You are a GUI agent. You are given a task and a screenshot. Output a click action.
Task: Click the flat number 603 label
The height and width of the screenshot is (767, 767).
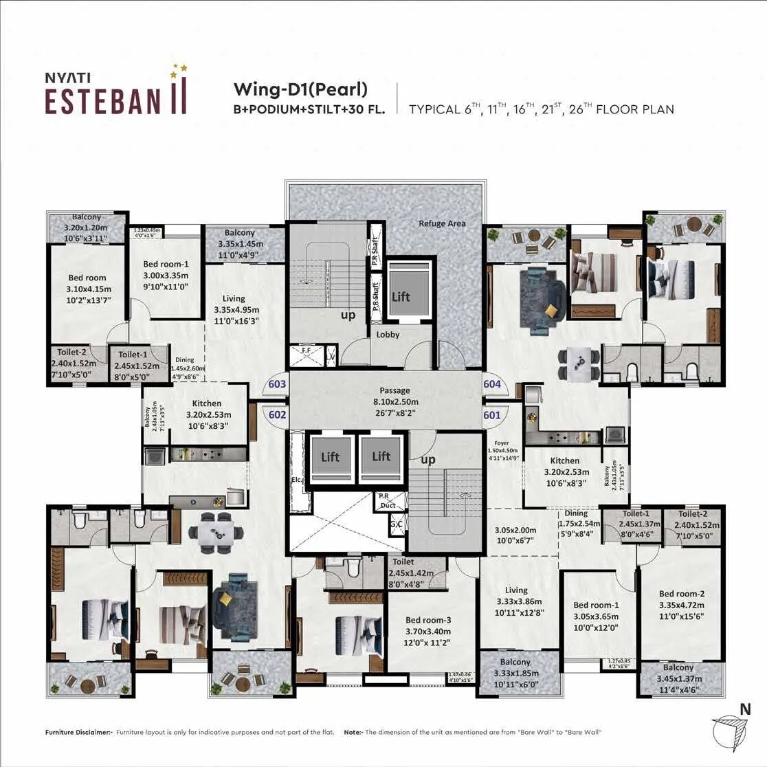[x=278, y=385]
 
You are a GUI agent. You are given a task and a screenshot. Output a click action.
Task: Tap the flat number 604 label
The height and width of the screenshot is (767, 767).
[x=492, y=385]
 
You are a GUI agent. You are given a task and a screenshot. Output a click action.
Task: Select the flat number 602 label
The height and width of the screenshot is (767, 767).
[x=278, y=415]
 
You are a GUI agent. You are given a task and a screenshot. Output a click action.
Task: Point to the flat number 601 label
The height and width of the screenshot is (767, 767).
[x=492, y=415]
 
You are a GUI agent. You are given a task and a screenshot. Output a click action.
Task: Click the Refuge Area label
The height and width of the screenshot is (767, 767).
[x=442, y=223]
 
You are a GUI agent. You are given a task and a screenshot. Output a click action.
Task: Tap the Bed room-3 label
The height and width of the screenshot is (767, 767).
[x=427, y=620]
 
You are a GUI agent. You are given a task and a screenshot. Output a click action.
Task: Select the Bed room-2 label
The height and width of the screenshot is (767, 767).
[x=681, y=594]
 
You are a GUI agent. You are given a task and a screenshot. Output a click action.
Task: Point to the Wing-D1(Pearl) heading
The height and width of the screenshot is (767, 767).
[x=300, y=89]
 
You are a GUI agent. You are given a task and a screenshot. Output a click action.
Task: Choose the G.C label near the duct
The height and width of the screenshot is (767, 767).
[x=396, y=525]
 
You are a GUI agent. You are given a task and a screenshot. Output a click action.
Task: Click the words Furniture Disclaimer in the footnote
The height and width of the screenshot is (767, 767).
[x=78, y=733]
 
